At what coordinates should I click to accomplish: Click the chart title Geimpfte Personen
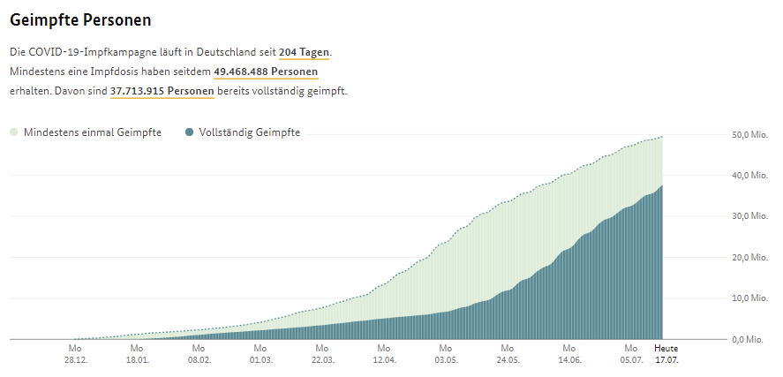pyautogui.click(x=80, y=20)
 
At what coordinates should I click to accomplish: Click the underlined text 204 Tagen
pyautogui.click(x=305, y=52)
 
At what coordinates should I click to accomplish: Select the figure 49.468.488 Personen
pyautogui.click(x=266, y=72)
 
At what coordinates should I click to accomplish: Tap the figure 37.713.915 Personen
pyautogui.click(x=162, y=91)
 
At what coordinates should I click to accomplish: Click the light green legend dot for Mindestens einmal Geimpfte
pyautogui.click(x=14, y=132)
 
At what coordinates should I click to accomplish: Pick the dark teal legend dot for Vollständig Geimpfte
pyautogui.click(x=189, y=132)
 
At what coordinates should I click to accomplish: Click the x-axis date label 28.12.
pyautogui.click(x=75, y=359)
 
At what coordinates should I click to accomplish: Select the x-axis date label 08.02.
pyautogui.click(x=199, y=359)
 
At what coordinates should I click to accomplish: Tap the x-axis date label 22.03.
pyautogui.click(x=322, y=359)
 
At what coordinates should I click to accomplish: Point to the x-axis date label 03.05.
pyautogui.click(x=446, y=359)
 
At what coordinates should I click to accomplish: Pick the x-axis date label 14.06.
pyautogui.click(x=569, y=359)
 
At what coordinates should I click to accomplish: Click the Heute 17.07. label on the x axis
pyautogui.click(x=666, y=354)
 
